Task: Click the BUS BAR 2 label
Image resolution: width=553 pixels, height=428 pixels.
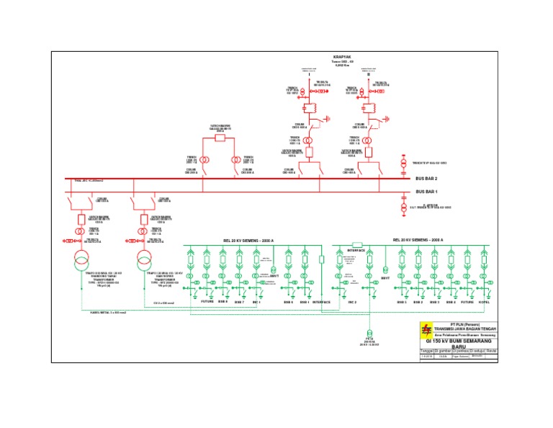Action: pyautogui.click(x=426, y=179)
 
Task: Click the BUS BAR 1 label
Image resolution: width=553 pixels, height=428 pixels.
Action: pyautogui.click(x=426, y=192)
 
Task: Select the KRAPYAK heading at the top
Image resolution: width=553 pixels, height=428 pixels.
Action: pyautogui.click(x=342, y=57)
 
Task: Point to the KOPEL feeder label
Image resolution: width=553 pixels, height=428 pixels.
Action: pyautogui.click(x=484, y=302)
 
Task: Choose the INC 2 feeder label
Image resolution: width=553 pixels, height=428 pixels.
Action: pyautogui.click(x=352, y=302)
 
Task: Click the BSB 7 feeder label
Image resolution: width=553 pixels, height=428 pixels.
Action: pyautogui.click(x=239, y=302)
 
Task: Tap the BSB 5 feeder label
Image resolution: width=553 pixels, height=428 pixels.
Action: pyautogui.click(x=401, y=302)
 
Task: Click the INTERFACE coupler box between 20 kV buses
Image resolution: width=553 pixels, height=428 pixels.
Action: pyautogui.click(x=356, y=244)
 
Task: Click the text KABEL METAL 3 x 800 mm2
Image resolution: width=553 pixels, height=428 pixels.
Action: pyautogui.click(x=108, y=313)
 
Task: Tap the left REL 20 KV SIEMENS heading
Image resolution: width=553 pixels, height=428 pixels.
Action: pyautogui.click(x=248, y=240)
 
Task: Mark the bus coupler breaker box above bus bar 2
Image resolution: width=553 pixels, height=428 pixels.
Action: pyautogui.click(x=220, y=137)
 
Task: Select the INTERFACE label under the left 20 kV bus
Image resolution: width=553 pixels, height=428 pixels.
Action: pyautogui.click(x=320, y=302)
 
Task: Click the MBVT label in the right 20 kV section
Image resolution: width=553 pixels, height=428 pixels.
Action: pyautogui.click(x=385, y=276)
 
